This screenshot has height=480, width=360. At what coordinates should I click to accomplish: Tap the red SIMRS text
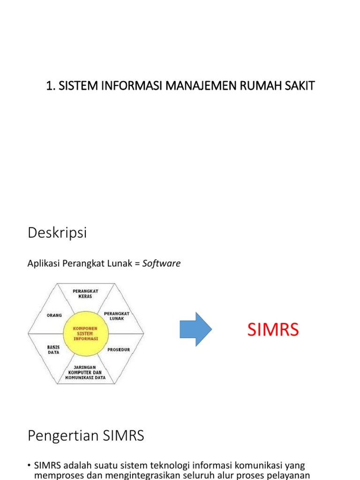click(x=273, y=330)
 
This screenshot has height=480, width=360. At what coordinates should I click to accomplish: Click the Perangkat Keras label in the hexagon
click(x=85, y=294)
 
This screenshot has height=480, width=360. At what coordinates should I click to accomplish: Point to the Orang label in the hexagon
click(x=54, y=315)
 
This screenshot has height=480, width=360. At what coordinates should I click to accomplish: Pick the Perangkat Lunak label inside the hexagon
click(x=116, y=315)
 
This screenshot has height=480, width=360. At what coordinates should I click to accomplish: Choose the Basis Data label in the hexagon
click(x=53, y=350)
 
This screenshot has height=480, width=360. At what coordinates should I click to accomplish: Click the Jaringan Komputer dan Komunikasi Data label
click(x=85, y=372)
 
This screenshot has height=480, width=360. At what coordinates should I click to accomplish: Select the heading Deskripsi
click(x=57, y=233)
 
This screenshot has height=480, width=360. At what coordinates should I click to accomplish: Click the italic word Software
click(x=162, y=263)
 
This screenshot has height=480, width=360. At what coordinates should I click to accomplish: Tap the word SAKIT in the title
click(x=298, y=86)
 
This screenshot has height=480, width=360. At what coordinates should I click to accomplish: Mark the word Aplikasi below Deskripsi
click(x=43, y=263)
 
